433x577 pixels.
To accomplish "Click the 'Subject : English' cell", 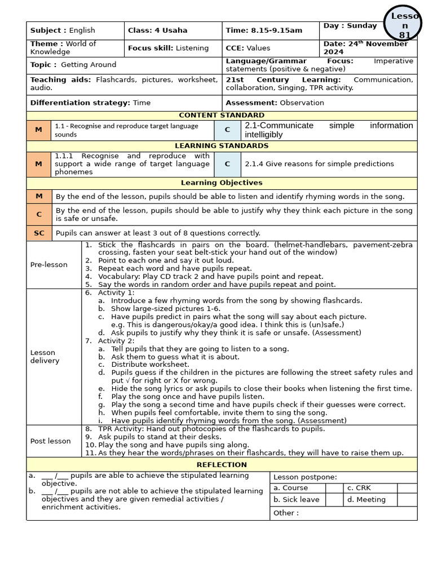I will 63,30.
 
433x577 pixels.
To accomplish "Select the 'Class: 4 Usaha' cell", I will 150,30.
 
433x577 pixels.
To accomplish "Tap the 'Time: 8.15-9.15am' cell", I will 256,30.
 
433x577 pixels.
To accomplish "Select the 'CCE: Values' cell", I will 248,48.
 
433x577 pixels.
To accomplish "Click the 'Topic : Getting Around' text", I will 73,65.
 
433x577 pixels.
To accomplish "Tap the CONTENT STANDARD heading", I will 221,116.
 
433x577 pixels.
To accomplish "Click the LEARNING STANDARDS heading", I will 221,146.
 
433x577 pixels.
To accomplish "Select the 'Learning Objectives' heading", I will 221,183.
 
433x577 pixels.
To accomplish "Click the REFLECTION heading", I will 221,465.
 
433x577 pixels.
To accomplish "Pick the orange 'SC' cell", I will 39,233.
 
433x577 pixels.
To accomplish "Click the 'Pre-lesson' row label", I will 49,265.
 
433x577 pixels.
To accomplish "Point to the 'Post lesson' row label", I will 50,441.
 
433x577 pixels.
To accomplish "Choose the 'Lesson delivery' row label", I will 45,357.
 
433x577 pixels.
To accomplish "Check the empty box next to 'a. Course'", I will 334,488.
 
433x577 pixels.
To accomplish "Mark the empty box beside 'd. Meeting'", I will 407,500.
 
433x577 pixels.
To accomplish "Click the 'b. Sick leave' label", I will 297,500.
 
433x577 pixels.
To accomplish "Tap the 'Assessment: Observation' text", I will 275,103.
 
